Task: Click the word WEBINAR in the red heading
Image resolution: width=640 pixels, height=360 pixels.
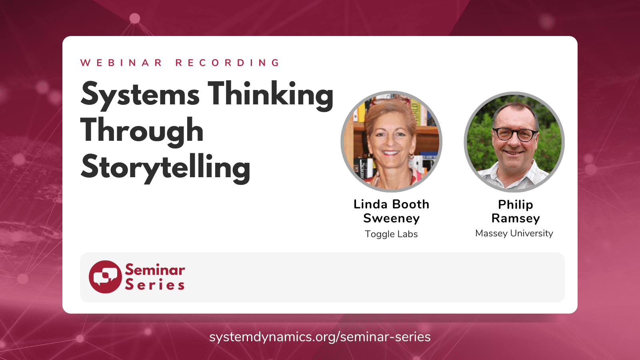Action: pos(121,63)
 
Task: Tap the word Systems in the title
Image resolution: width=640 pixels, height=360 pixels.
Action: pos(140,95)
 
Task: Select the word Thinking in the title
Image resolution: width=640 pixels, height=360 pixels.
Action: pos(270,95)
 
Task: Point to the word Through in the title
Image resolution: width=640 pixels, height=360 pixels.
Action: pos(142,131)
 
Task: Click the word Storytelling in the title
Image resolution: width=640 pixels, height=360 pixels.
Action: pos(166,167)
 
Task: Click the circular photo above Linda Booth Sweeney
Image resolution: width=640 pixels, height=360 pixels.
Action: pos(391,142)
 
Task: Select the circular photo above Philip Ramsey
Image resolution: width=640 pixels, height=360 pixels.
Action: pos(514,142)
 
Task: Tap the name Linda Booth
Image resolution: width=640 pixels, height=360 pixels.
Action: pos(391,204)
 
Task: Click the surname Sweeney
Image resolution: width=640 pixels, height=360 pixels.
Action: pos(391,218)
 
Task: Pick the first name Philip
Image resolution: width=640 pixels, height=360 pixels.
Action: pos(515,204)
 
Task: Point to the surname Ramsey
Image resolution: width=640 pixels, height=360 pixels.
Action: pos(515,218)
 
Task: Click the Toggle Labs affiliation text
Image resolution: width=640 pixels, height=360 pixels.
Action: pos(391,234)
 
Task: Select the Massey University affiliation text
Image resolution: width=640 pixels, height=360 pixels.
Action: pos(514,233)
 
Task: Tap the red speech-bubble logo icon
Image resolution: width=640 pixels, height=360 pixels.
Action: pos(105,277)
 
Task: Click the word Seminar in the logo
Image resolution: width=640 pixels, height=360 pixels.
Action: pos(155,270)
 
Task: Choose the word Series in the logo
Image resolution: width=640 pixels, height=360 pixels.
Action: pos(155,285)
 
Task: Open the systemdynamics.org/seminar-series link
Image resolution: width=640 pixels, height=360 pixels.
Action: pos(320,337)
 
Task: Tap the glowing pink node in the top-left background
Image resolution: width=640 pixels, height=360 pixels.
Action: pos(135,18)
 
